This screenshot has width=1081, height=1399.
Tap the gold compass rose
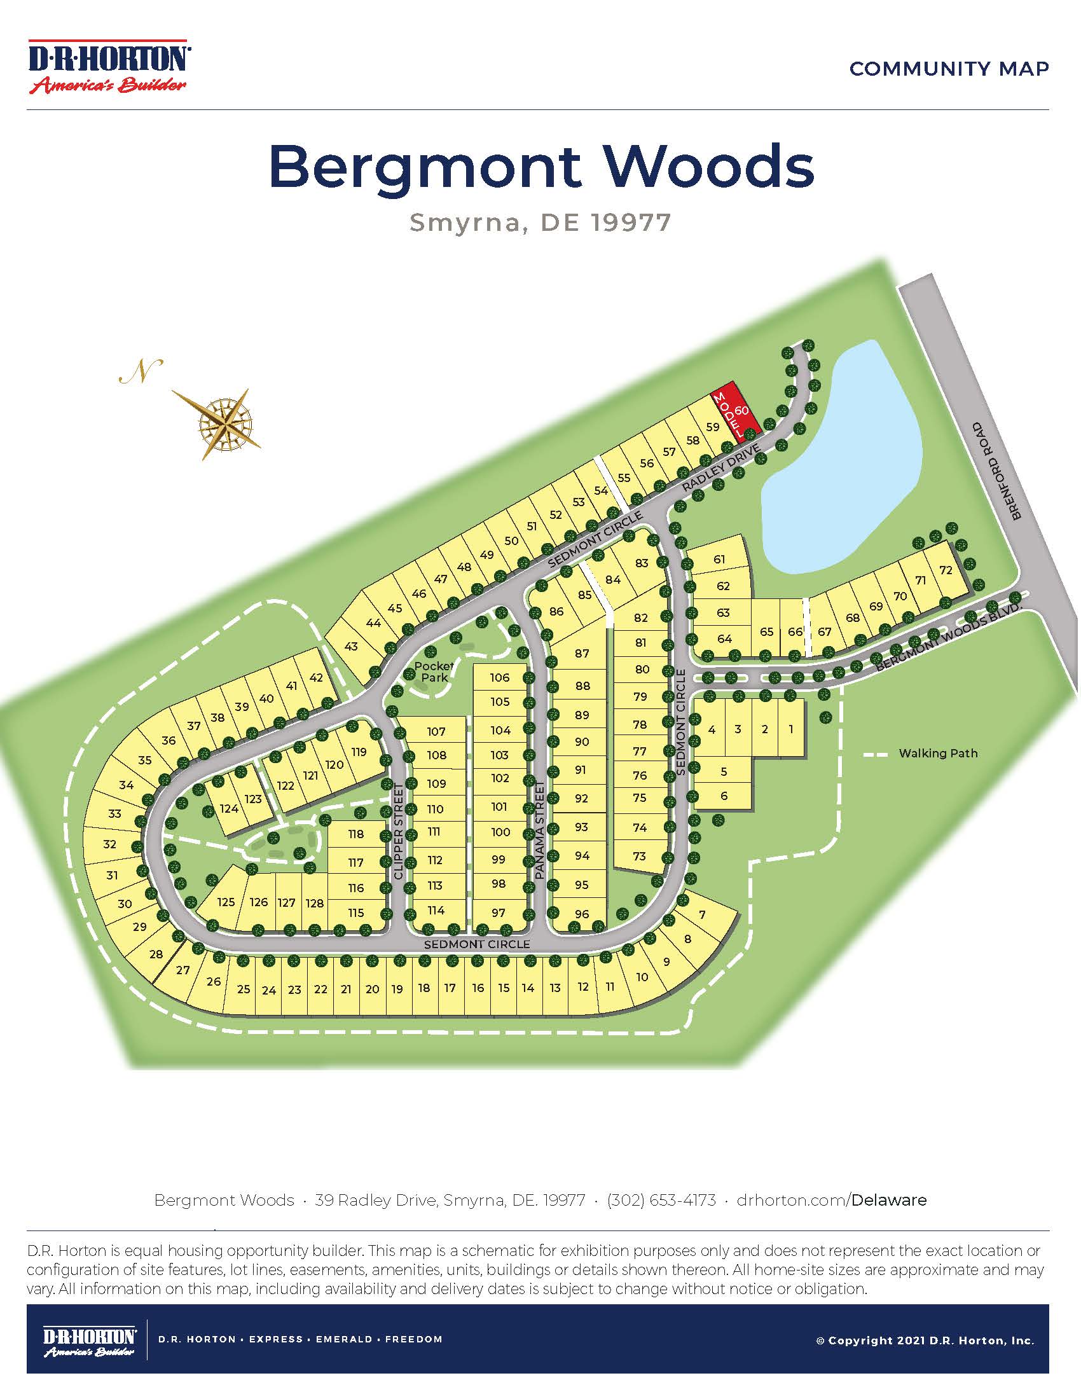226,423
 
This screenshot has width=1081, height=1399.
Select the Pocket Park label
434,672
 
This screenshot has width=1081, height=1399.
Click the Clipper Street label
398,830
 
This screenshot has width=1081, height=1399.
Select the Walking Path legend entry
937,754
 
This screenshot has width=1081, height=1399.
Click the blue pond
839,461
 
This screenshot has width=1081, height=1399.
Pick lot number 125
226,902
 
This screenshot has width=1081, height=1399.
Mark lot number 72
946,570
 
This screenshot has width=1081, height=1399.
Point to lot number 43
351,646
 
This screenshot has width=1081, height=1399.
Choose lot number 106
500,677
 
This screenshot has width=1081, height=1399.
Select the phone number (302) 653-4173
661,1200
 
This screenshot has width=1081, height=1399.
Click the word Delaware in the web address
889,1200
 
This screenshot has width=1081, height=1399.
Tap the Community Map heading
949,69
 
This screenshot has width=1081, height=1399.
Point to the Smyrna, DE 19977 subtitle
540,223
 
